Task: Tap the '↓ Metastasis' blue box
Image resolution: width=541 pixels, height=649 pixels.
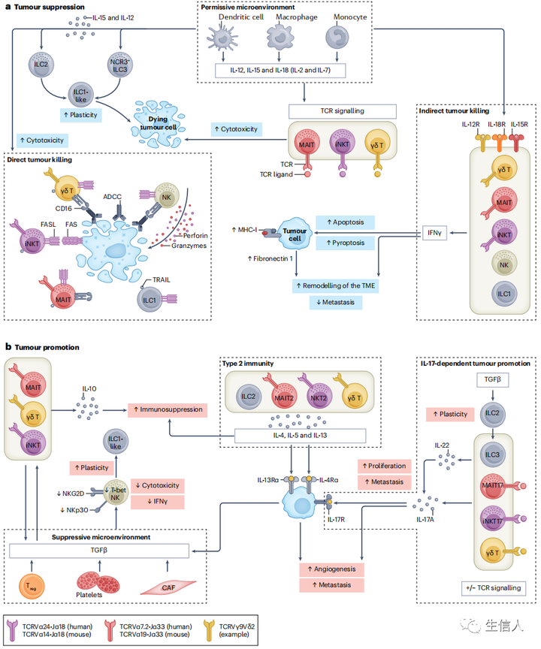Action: coord(336,301)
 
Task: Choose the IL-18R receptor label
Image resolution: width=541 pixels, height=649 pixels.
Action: coord(497,125)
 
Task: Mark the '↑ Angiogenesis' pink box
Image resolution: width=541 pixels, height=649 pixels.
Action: coord(332,568)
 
